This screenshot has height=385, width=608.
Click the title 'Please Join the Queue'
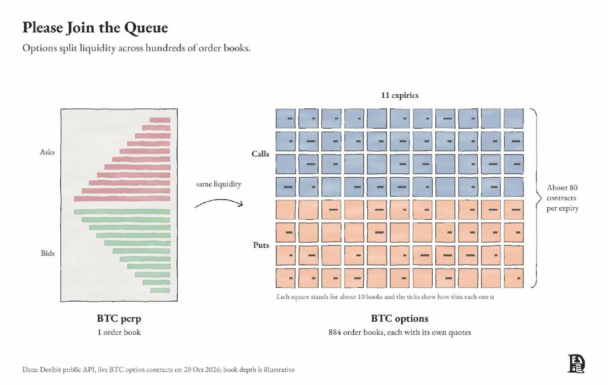(x=95, y=28)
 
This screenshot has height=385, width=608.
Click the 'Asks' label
(x=47, y=152)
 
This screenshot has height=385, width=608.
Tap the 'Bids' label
(x=48, y=253)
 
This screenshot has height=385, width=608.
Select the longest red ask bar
(x=122, y=199)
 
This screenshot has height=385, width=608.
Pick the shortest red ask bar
(x=160, y=120)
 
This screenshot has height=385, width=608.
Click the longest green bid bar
(x=122, y=212)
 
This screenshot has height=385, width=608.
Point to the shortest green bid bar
(x=160, y=290)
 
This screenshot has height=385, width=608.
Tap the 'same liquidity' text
(x=218, y=184)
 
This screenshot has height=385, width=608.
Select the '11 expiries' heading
(x=400, y=95)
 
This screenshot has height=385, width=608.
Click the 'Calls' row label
(x=260, y=154)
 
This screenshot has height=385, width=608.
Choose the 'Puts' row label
(x=261, y=245)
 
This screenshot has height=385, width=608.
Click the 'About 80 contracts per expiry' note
(x=562, y=198)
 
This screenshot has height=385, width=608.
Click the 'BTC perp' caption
(x=119, y=319)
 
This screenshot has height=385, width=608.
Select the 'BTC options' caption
(x=400, y=319)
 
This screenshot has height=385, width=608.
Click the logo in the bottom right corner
(x=576, y=364)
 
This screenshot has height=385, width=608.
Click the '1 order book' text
(x=119, y=332)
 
